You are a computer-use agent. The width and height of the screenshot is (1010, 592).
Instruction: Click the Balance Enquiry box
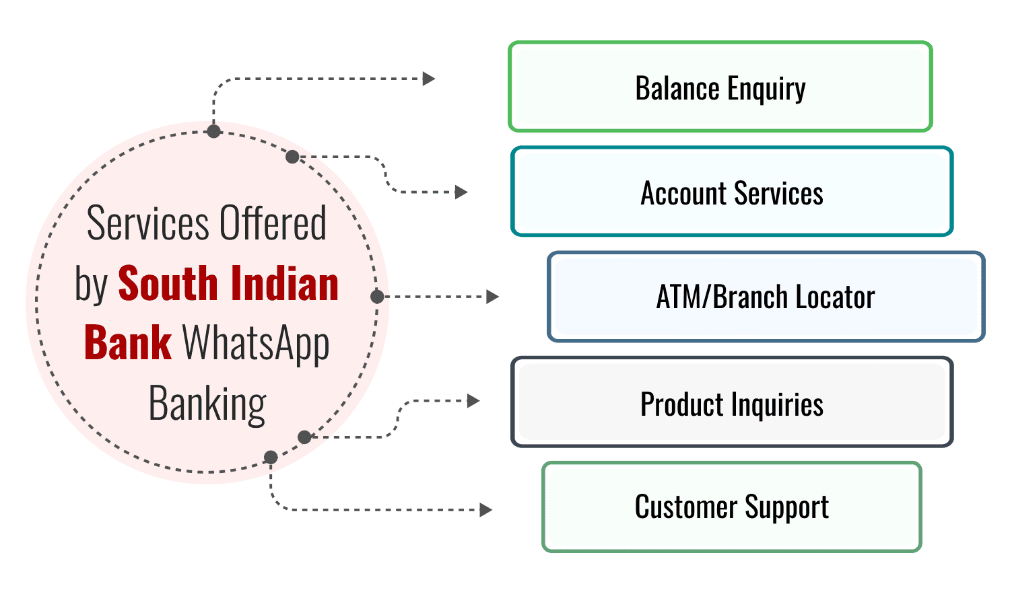[x=720, y=87]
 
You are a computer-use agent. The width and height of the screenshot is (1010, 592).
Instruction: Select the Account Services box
[x=732, y=192]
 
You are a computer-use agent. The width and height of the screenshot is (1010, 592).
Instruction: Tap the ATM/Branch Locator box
[x=766, y=297]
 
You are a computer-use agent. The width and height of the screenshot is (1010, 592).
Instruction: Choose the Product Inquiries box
[x=732, y=403]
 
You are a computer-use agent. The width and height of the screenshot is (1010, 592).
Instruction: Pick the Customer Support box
[x=731, y=507]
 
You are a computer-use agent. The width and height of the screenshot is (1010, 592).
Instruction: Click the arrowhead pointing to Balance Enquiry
[x=429, y=79]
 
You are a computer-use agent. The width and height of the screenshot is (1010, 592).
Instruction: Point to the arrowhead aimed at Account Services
[x=461, y=192]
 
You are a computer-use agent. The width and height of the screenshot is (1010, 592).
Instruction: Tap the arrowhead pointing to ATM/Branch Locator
[x=493, y=297]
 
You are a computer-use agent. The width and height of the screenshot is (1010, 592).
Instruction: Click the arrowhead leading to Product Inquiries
[x=473, y=401]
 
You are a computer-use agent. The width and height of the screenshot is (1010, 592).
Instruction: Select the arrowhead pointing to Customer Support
[x=486, y=510]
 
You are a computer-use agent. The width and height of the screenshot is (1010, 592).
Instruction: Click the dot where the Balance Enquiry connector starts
[x=213, y=131]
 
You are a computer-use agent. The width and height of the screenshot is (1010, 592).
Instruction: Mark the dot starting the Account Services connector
[x=292, y=157]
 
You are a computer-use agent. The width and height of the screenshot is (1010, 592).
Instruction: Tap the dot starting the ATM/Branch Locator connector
[x=377, y=297]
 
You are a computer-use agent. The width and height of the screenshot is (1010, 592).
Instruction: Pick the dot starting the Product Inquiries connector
[x=304, y=437]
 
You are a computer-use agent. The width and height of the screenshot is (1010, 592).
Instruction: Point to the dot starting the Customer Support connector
[x=271, y=457]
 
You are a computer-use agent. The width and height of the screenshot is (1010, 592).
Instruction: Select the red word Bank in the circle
[x=128, y=343]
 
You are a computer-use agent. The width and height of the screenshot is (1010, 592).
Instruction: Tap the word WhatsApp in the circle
[x=256, y=344]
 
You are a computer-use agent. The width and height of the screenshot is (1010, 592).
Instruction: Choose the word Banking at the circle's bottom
[x=207, y=404]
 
